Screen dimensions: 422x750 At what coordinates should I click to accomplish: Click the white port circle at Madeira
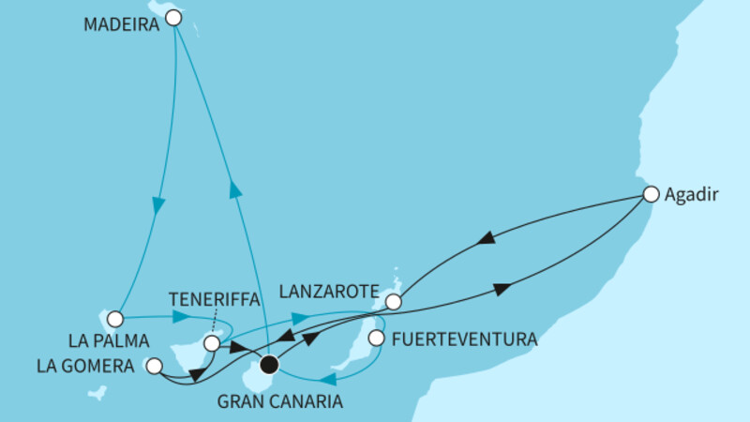172,17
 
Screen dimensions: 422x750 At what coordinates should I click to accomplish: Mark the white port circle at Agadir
651,195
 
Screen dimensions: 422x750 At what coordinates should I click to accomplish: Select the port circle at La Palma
115,319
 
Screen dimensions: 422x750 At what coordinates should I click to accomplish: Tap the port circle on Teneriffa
212,344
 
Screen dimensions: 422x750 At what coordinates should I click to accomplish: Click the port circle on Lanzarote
394,302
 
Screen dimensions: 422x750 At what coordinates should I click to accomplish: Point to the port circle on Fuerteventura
376,338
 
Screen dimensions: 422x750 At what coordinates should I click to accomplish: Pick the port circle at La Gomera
155,366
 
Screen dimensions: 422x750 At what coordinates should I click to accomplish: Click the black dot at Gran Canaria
270,363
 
